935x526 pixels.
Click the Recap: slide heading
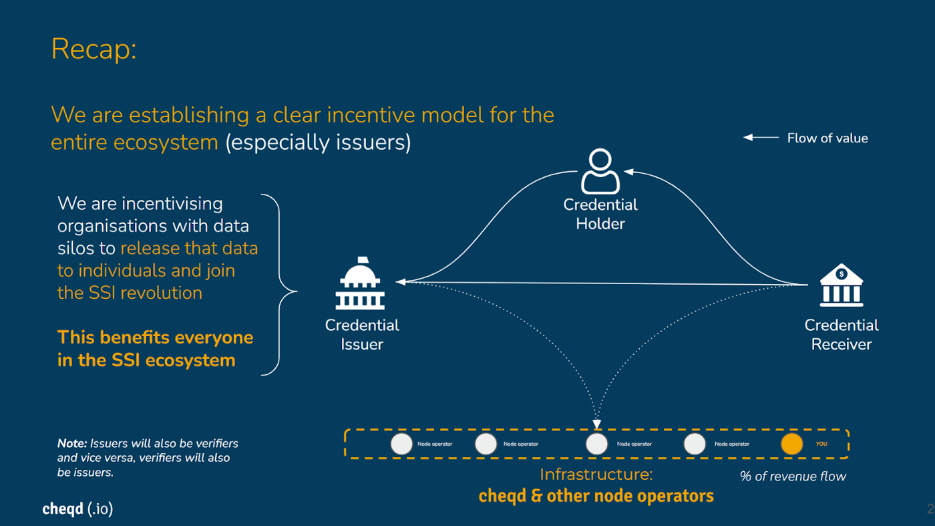[93, 49]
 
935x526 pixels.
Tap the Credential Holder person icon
[600, 171]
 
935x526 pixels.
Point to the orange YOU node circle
[792, 444]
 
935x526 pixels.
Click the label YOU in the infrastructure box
[821, 444]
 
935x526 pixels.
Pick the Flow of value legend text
[827, 138]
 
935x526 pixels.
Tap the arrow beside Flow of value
[761, 138]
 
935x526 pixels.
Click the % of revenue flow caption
[793, 477]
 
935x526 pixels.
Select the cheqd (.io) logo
[77, 509]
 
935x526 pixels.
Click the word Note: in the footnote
[72, 443]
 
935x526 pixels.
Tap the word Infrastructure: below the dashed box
[596, 475]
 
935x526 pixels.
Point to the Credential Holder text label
[600, 214]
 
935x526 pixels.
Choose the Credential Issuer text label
[362, 334]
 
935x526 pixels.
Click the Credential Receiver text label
[841, 334]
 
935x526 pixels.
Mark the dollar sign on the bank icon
[841, 274]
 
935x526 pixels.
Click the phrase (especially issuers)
[318, 142]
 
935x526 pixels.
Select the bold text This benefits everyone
[155, 338]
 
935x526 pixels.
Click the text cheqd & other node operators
[596, 496]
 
